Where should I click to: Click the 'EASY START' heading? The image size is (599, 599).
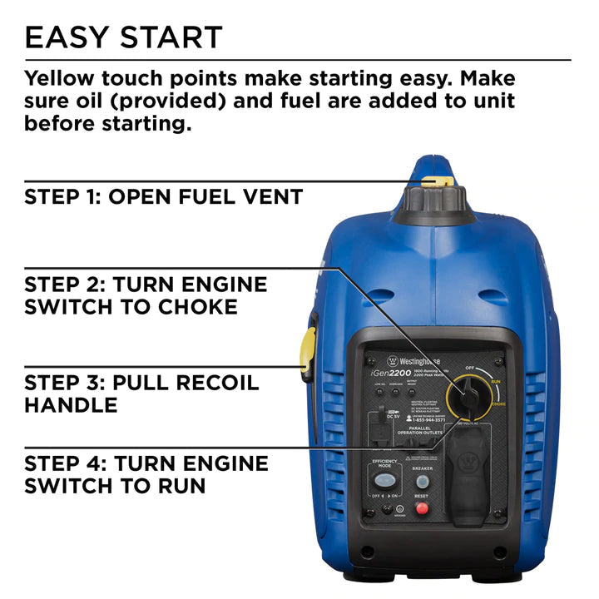[x=124, y=37]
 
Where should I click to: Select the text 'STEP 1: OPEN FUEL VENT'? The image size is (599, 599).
[x=164, y=198]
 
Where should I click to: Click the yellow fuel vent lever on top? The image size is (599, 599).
[x=437, y=181]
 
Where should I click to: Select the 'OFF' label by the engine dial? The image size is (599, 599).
[x=469, y=368]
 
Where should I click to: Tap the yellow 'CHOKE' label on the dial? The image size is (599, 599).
[x=498, y=403]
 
